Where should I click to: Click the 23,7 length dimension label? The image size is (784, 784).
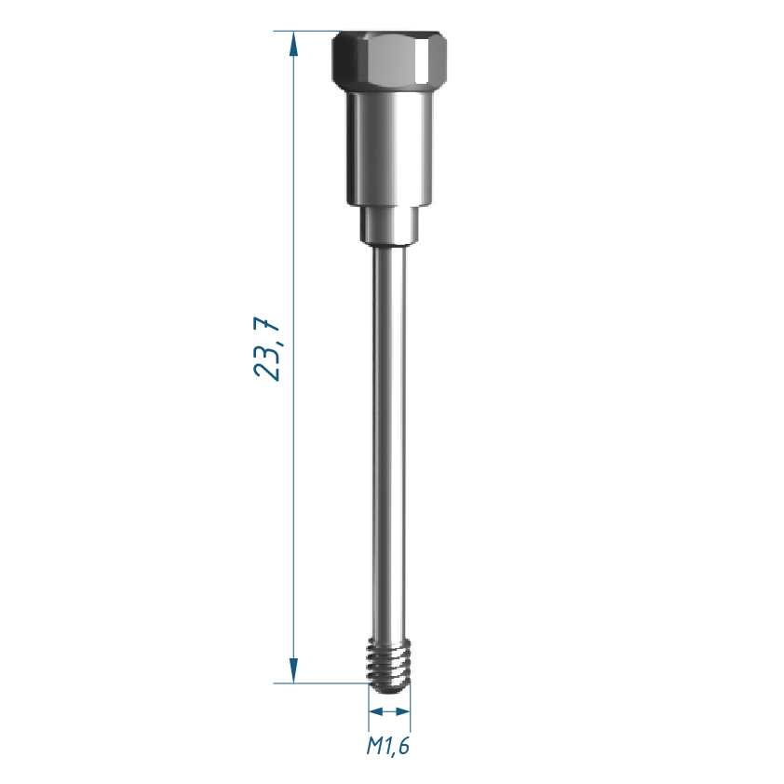click(x=267, y=348)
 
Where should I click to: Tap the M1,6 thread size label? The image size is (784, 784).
click(x=388, y=746)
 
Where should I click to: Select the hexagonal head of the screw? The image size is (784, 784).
click(x=389, y=59)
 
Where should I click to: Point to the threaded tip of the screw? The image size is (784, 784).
click(x=389, y=666)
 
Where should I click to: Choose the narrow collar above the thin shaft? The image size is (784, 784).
click(x=389, y=226)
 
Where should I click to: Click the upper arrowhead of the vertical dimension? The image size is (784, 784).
click(x=293, y=44)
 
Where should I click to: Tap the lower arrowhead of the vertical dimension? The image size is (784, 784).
click(x=293, y=670)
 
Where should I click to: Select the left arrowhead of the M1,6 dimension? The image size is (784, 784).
click(x=375, y=711)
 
